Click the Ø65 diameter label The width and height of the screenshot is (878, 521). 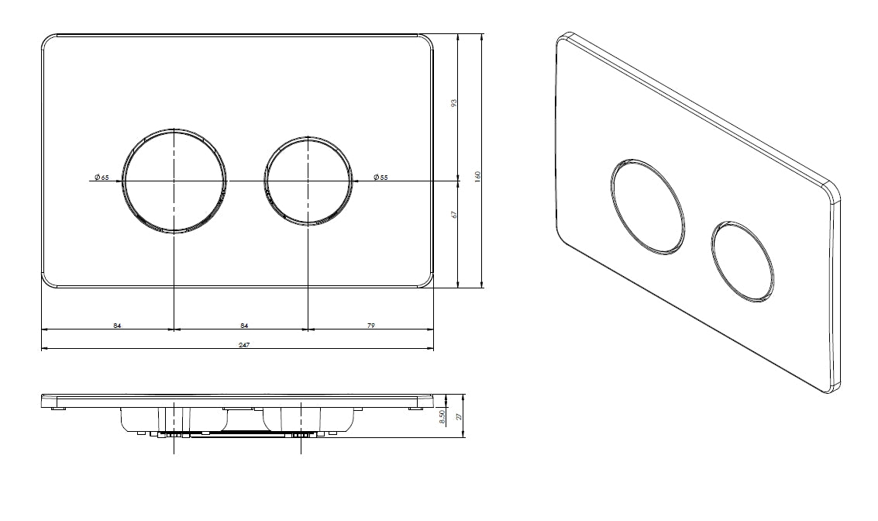[102, 178]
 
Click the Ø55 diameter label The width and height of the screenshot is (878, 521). [380, 178]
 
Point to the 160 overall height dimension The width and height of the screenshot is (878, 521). [477, 178]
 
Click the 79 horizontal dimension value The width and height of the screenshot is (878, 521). [370, 326]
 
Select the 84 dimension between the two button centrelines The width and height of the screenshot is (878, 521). [245, 326]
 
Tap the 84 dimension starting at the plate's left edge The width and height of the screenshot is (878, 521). [117, 326]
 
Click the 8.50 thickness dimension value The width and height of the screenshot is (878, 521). [442, 416]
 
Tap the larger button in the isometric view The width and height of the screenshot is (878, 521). [647, 206]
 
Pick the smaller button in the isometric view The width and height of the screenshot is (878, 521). [742, 260]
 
